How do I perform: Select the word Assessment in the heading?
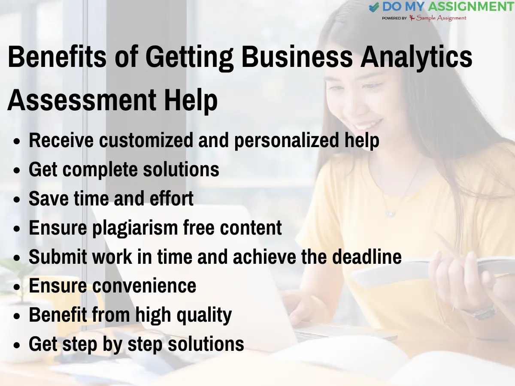tap(82, 100)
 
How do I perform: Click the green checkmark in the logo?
tap(374, 7)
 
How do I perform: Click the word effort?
tap(170, 199)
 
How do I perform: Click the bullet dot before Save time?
tap(17, 200)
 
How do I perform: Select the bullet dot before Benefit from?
tap(17, 317)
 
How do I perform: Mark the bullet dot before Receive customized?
tap(17, 142)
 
